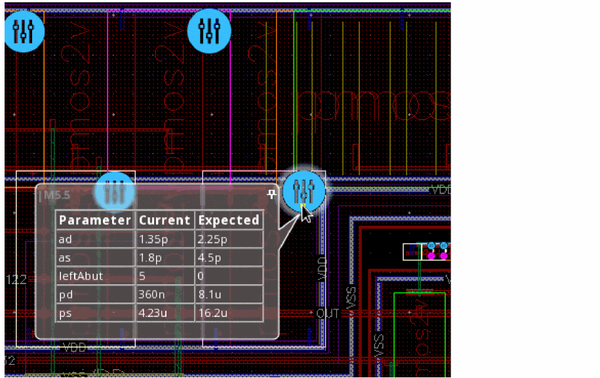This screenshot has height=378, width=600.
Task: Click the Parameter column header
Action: pos(95,220)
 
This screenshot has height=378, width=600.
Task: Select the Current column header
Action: pos(164,220)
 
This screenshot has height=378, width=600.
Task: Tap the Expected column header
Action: pos(229,220)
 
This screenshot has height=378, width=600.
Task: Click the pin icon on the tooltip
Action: pos(270,194)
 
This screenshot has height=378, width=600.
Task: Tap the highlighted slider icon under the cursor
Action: pos(304,192)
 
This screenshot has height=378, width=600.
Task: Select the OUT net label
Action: pos(328,314)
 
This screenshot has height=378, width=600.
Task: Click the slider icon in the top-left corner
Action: pos(24,30)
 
